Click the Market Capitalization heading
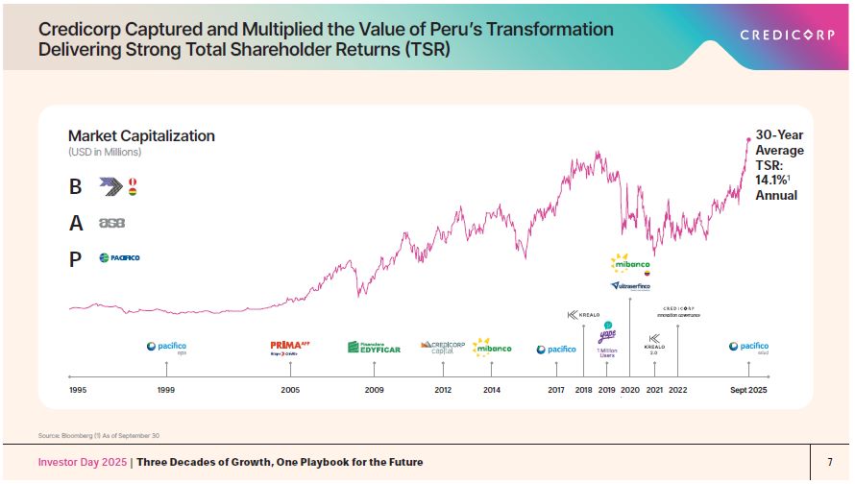click(x=141, y=136)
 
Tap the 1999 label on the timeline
click(x=166, y=390)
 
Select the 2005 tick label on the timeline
click(x=290, y=390)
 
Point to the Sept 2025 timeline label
click(x=748, y=390)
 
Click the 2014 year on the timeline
click(x=492, y=390)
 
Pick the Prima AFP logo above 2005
click(x=290, y=347)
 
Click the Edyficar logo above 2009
click(x=374, y=347)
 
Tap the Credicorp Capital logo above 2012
click(x=443, y=347)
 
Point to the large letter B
click(x=76, y=187)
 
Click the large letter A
click(x=76, y=223)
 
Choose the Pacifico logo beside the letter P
click(x=119, y=257)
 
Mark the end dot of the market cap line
click(x=748, y=139)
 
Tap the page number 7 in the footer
click(x=830, y=463)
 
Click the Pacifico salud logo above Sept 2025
click(x=748, y=348)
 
